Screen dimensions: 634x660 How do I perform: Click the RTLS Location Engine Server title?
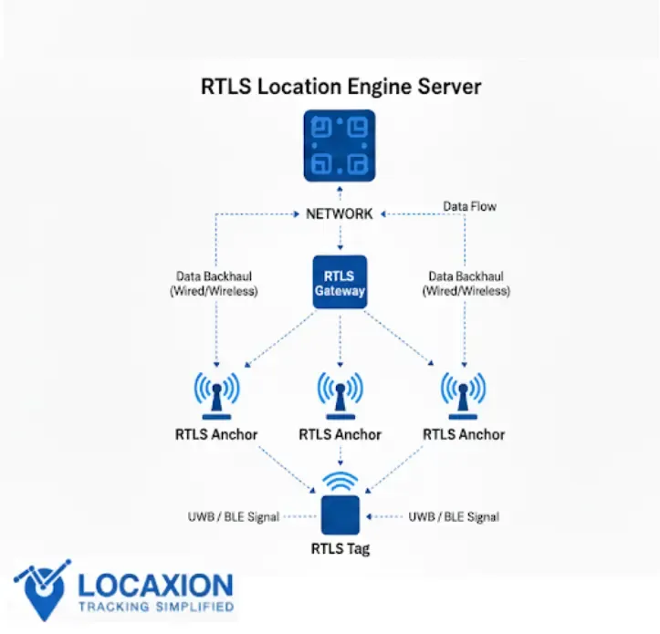pyautogui.click(x=340, y=88)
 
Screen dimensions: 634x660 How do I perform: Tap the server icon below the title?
pyautogui.click(x=340, y=145)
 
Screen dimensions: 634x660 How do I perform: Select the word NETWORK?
pyautogui.click(x=340, y=213)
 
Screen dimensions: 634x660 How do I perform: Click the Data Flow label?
pyautogui.click(x=469, y=206)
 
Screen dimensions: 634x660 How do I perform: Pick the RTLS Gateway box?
pyautogui.click(x=340, y=282)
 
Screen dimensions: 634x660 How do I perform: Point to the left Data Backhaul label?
pyautogui.click(x=215, y=284)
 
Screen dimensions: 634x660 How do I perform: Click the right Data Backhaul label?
pyautogui.click(x=466, y=284)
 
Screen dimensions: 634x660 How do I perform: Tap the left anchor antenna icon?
pyautogui.click(x=216, y=392)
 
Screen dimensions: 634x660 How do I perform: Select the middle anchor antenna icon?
pyautogui.click(x=340, y=392)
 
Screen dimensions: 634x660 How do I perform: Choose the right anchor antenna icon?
pyautogui.click(x=464, y=392)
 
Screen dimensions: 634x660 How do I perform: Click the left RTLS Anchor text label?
pyautogui.click(x=216, y=434)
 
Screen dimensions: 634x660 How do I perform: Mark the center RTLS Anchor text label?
pyautogui.click(x=340, y=434)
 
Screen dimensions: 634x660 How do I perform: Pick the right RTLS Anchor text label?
pyautogui.click(x=464, y=434)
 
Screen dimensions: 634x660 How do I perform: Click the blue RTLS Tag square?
pyautogui.click(x=340, y=515)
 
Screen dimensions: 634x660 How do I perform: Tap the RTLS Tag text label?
pyautogui.click(x=340, y=548)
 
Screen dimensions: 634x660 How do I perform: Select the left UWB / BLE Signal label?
pyautogui.click(x=233, y=516)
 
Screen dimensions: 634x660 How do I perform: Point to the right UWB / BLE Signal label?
pyautogui.click(x=454, y=516)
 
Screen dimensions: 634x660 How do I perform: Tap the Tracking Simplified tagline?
pyautogui.click(x=155, y=606)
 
